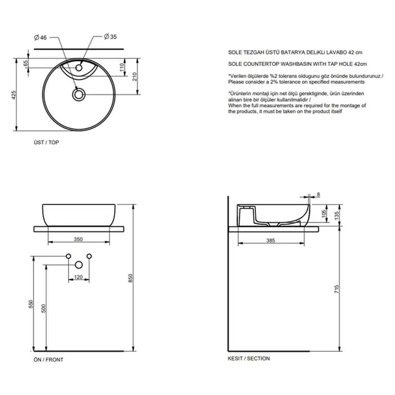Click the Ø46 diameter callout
pyautogui.click(x=41, y=37)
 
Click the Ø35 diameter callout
pyautogui.click(x=110, y=37)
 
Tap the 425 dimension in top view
pyautogui.click(x=14, y=95)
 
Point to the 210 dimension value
pyautogui.click(x=135, y=77)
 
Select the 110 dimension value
pyautogui.click(x=122, y=67)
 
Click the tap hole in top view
pyautogui.click(x=79, y=68)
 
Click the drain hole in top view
pyautogui.click(x=79, y=95)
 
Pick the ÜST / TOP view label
pyautogui.click(x=46, y=143)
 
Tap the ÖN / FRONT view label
pyautogui.click(x=48, y=360)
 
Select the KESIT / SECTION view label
pyautogui.click(x=249, y=358)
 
